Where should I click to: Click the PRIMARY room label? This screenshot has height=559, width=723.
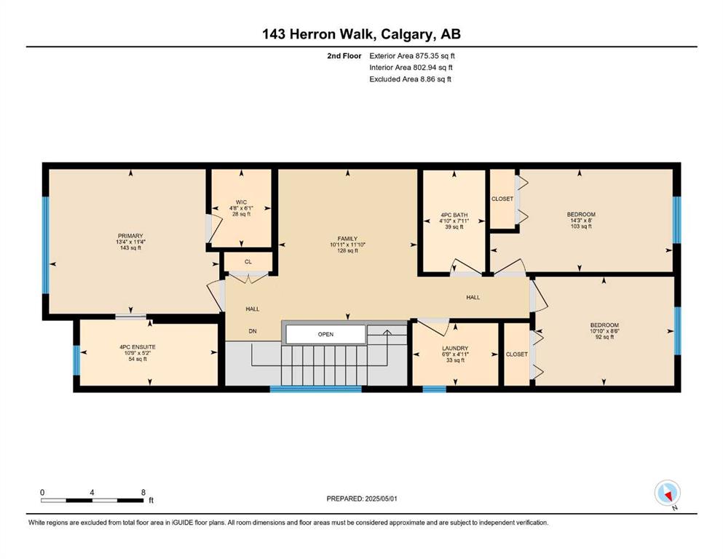pyautogui.click(x=130, y=236)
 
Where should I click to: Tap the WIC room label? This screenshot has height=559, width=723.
pyautogui.click(x=241, y=202)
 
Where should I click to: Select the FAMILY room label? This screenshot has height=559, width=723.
pyautogui.click(x=347, y=239)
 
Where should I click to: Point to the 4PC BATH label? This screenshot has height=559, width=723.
pyautogui.click(x=454, y=215)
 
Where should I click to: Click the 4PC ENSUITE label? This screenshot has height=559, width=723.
pyautogui.click(x=138, y=347)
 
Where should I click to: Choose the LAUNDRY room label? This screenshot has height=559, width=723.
pyautogui.click(x=455, y=349)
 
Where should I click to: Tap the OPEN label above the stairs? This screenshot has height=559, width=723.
pyautogui.click(x=325, y=335)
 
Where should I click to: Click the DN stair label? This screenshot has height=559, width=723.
pyautogui.click(x=252, y=331)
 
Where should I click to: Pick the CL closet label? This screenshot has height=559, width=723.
pyautogui.click(x=248, y=262)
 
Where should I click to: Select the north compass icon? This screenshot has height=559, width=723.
pyautogui.click(x=667, y=493)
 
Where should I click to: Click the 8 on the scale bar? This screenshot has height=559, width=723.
pyautogui.click(x=143, y=492)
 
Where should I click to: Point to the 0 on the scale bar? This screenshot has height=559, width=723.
pyautogui.click(x=42, y=492)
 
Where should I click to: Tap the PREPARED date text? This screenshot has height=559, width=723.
pyautogui.click(x=361, y=499)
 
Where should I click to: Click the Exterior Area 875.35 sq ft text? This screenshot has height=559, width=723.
pyautogui.click(x=412, y=56)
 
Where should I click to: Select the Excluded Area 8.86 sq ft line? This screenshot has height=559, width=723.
pyautogui.click(x=410, y=79)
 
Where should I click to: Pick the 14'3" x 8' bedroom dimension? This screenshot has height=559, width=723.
pyautogui.click(x=581, y=221)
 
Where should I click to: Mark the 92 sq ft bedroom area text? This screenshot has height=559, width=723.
pyautogui.click(x=604, y=337)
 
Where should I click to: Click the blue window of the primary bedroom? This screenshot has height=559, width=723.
pyautogui.click(x=45, y=245)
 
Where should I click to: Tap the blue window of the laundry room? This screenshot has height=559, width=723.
pyautogui.click(x=435, y=389)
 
